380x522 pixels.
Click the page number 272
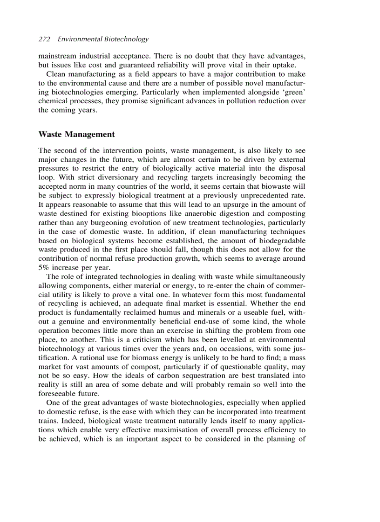[44, 40]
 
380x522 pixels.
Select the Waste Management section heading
[76, 134]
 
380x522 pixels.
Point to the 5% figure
[44, 267]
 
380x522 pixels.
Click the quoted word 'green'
[291, 92]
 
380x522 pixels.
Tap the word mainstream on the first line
[57, 56]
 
